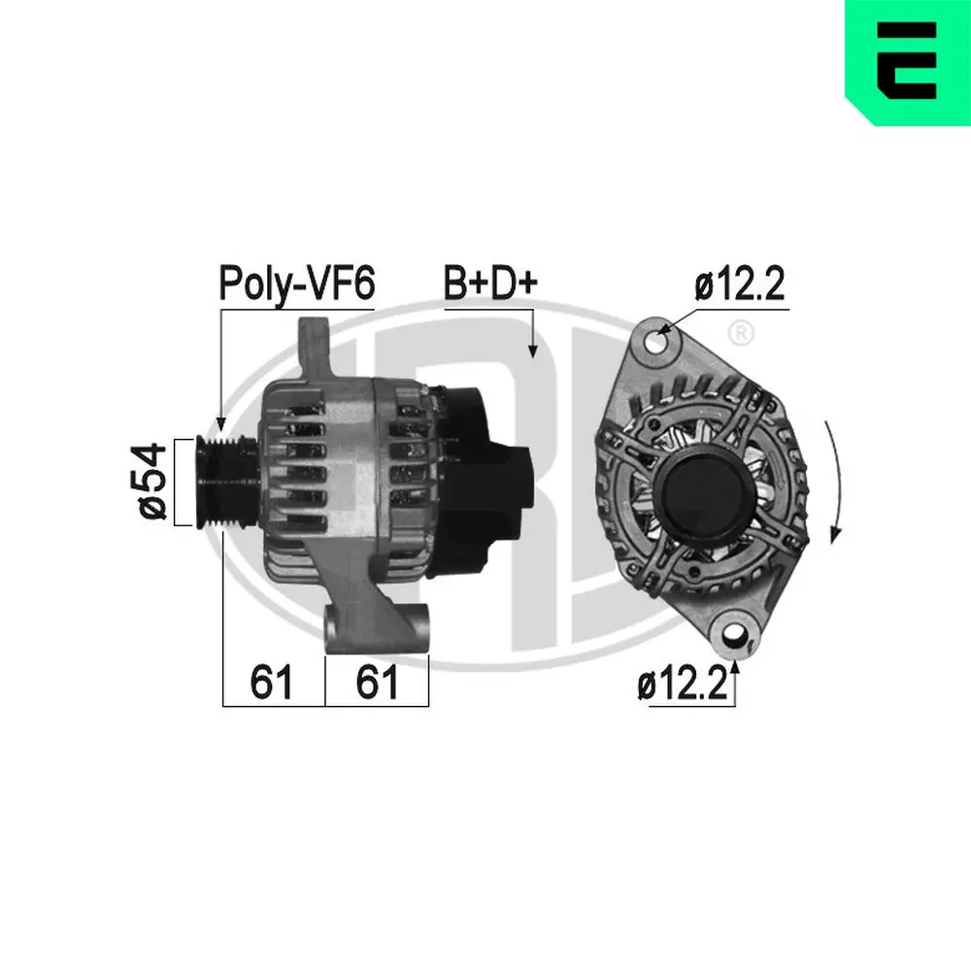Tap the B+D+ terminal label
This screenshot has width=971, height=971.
click(x=489, y=285)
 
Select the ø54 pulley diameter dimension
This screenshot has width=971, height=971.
click(x=152, y=482)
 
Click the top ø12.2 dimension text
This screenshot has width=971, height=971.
click(x=739, y=285)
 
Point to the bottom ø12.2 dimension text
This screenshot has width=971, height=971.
click(x=683, y=686)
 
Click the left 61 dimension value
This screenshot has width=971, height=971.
click(x=272, y=684)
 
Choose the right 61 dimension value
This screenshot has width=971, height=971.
click(x=377, y=684)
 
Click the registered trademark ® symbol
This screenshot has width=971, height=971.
click(x=740, y=333)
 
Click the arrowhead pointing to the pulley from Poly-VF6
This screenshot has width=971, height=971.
click(x=220, y=424)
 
